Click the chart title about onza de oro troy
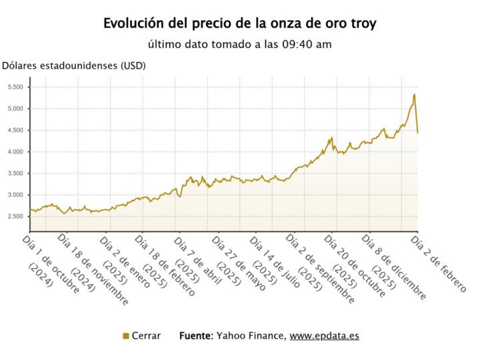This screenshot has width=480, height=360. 239,23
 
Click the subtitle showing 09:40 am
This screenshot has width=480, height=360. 239,45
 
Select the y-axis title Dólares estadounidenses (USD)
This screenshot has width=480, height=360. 74,65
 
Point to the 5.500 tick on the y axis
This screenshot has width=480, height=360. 15,87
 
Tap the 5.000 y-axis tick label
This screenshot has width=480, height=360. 15,109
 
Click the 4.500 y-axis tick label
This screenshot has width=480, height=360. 15,130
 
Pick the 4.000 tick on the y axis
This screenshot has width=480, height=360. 15,152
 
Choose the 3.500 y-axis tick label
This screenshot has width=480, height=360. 15,173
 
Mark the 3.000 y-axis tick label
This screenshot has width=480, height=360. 15,195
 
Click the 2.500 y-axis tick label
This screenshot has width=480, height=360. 15,217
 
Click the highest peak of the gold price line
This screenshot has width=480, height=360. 414,95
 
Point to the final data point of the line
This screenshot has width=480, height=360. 417,133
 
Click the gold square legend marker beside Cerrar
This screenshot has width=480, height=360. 126,336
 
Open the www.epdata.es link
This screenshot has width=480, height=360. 324,336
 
